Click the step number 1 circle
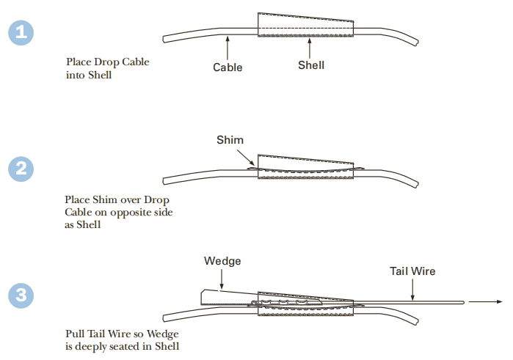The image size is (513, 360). pos(22,33)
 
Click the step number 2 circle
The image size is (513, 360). pos(22,169)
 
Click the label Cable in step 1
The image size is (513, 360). pos(228,67)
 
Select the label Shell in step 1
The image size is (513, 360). pos(311,65)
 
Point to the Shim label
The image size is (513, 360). pos(230,140)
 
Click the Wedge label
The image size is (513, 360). pos(222,261)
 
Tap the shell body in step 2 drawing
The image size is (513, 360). pos(305,166)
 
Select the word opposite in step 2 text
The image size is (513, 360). pos(135,212)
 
